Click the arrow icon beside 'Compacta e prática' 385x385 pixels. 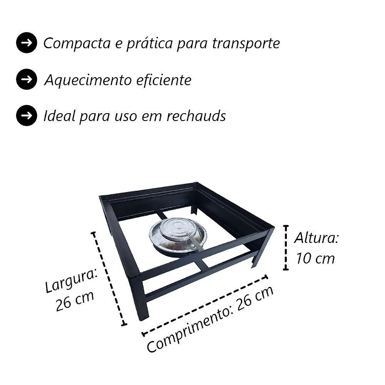click(27, 43)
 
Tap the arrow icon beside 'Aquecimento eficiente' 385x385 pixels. click(27, 79)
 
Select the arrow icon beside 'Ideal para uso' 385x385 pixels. click(27, 115)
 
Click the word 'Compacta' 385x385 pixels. click(77, 44)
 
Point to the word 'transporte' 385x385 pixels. click(246, 44)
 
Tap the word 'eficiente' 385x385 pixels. click(164, 80)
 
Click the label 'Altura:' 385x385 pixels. click(316, 238)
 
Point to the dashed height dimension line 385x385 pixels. click(286, 248)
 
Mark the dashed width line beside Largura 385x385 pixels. click(109, 279)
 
